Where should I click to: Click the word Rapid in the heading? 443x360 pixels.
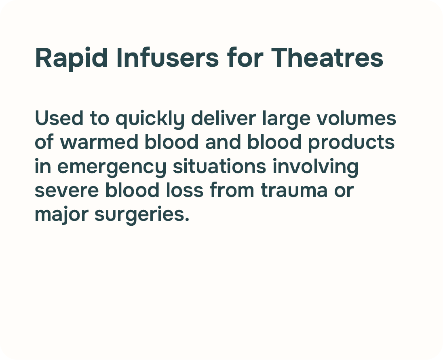tap(71, 58)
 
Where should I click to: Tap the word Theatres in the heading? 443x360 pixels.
tap(327, 58)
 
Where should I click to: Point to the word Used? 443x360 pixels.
tap(59, 118)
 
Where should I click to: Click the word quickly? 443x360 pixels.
tap(150, 119)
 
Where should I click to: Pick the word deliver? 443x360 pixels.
tap(224, 118)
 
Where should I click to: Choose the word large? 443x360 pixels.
tap(286, 119)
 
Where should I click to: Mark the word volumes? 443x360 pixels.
tap(356, 118)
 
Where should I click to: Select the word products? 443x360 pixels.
tap(351, 143)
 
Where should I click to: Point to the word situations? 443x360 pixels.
tap(219, 166)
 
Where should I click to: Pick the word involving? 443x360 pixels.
tap(316, 167)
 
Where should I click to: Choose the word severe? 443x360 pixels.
tap(67, 190)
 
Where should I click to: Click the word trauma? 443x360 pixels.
tap(294, 190)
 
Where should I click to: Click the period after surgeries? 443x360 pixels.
tap(186, 220)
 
